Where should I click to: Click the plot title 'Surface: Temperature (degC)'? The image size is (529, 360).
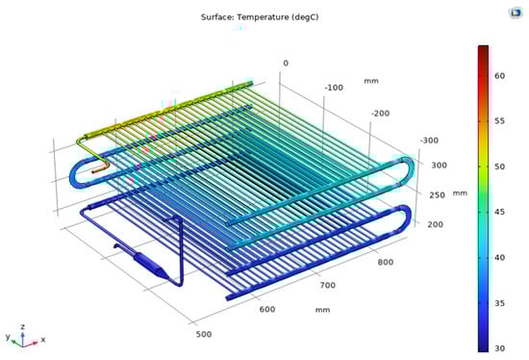[x=260, y=17]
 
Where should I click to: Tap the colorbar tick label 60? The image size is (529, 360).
[x=499, y=76]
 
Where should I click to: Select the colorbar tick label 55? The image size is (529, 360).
[x=499, y=121]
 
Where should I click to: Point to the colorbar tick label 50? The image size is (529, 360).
[x=499, y=167]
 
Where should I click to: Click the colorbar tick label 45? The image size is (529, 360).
[x=499, y=212]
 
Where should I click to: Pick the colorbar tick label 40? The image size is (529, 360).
[x=499, y=258]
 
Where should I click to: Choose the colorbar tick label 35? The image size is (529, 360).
[x=499, y=303]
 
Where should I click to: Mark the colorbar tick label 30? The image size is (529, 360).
[x=499, y=348]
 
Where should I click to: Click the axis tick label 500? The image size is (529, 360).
[x=204, y=334]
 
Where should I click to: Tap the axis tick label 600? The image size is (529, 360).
[x=267, y=309]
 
